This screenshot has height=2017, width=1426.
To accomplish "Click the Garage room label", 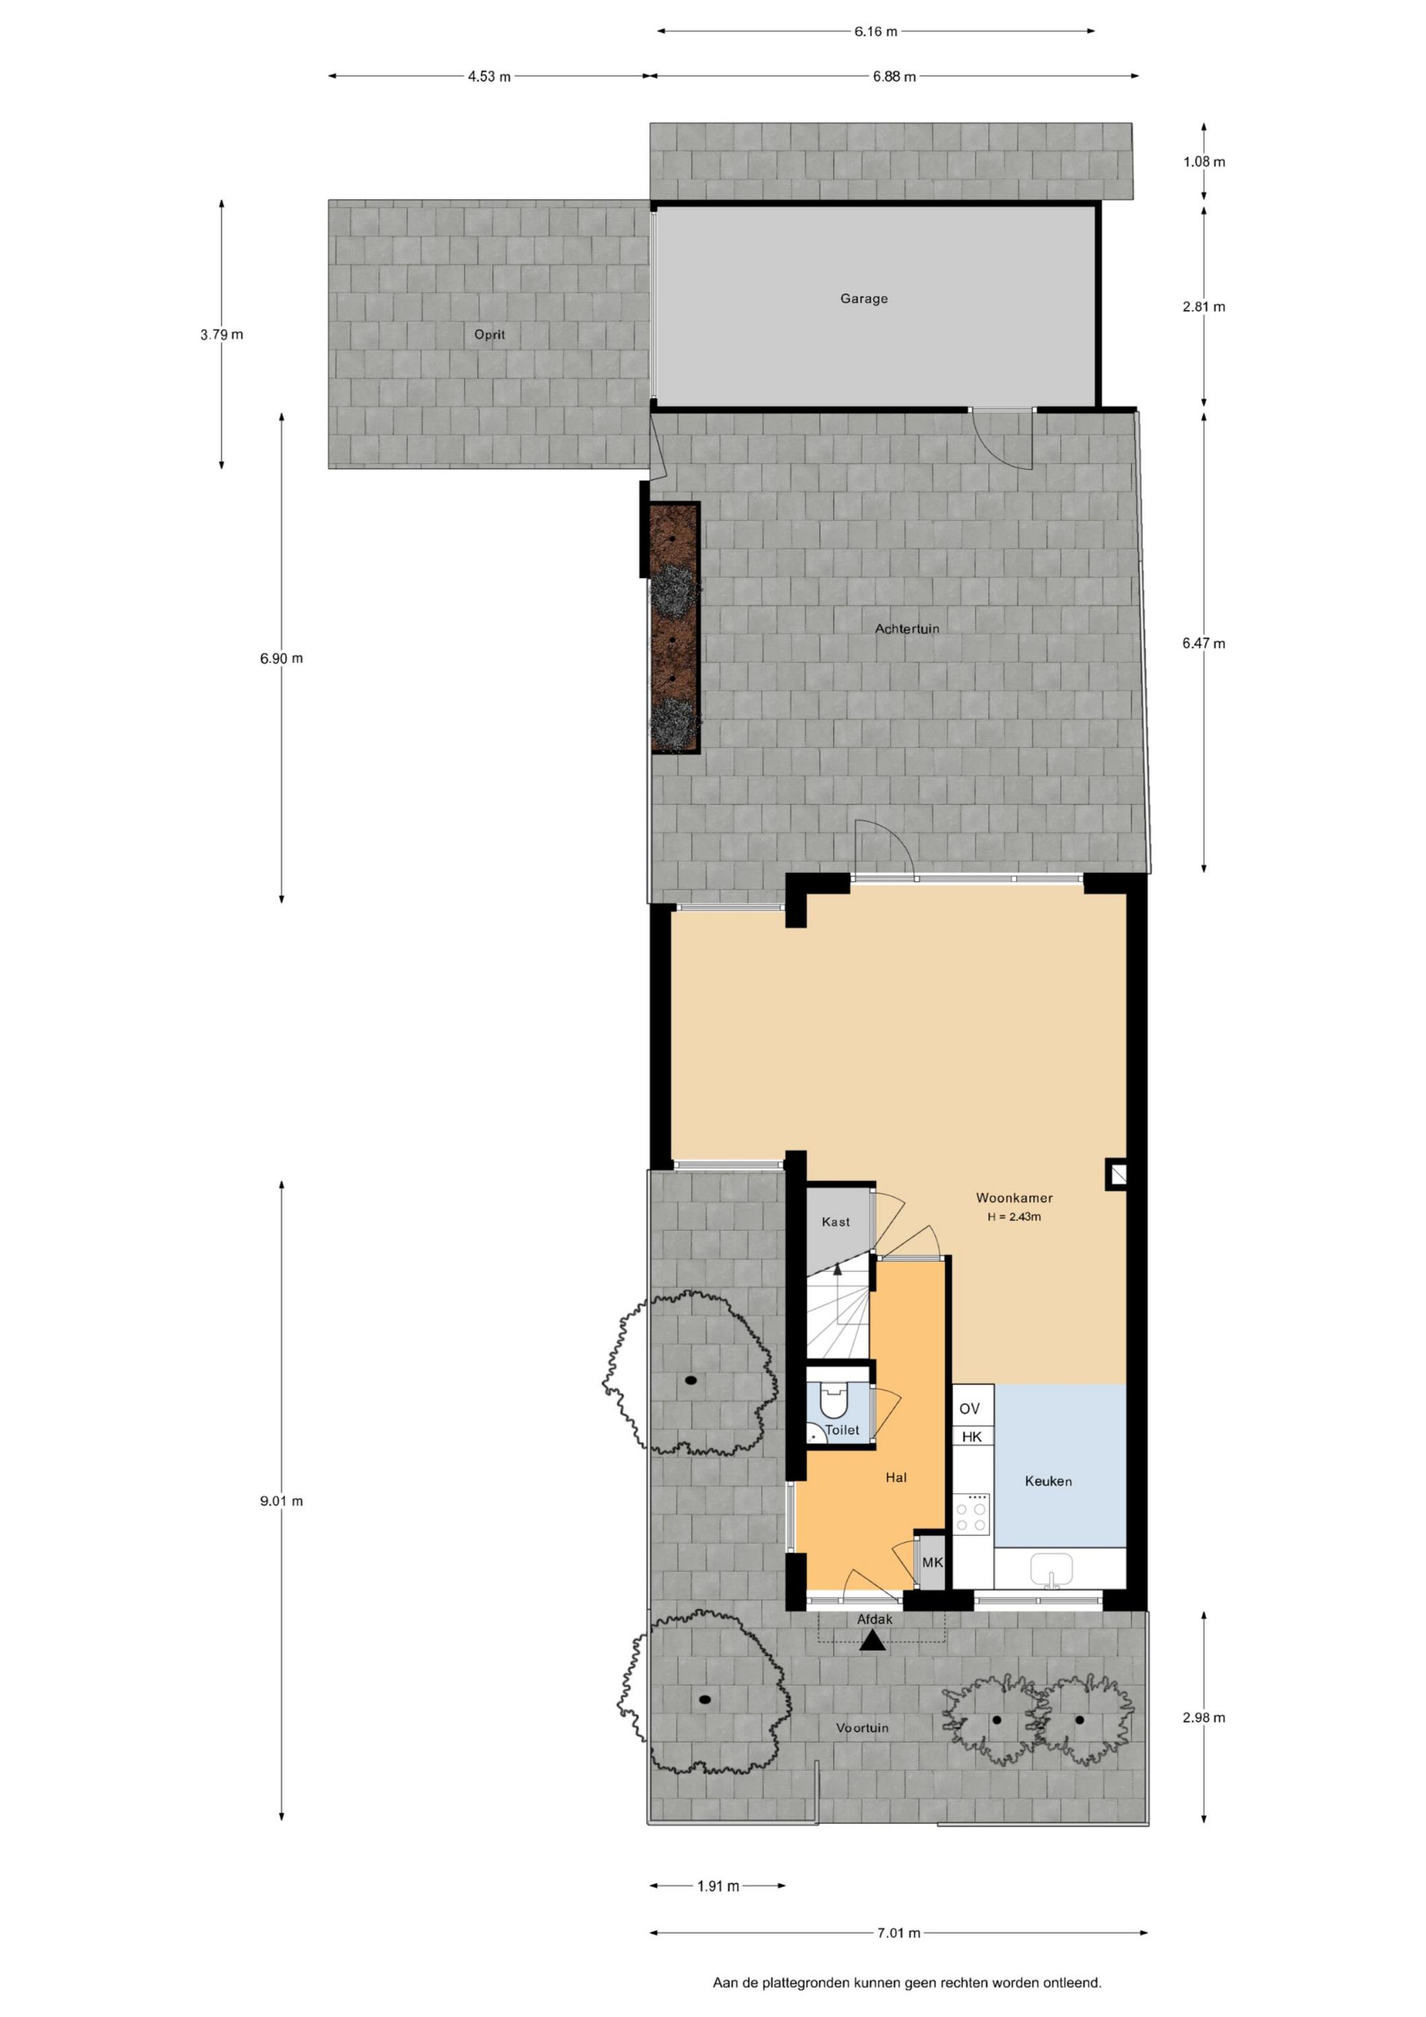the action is click(864, 299).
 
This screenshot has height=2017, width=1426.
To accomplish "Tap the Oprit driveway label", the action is click(489, 335).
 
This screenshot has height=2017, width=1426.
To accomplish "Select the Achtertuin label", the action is click(907, 629).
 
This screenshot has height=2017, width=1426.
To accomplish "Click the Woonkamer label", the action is click(1014, 1197).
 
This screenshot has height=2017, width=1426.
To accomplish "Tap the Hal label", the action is click(896, 1478).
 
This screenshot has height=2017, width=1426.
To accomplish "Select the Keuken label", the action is click(1048, 1481).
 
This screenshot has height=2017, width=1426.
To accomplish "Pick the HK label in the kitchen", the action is click(972, 1437).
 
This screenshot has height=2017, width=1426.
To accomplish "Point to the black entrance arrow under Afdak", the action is click(873, 1640).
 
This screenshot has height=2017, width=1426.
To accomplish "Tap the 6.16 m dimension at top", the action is click(876, 32).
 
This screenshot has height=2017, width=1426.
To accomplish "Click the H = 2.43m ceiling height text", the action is click(1014, 1217).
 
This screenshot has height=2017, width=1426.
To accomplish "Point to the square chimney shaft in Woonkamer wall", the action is click(1117, 1175).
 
